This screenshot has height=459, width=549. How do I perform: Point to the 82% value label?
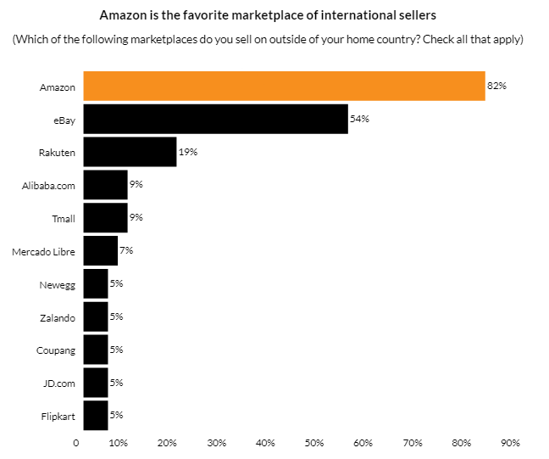point(496,86)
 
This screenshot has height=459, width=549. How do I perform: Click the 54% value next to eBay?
point(359,119)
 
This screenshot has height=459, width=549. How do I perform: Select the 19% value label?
point(187,152)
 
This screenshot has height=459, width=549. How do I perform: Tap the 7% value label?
point(126,250)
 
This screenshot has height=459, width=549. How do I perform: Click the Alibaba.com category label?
point(48,186)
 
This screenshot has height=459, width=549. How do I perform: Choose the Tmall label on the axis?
point(64,219)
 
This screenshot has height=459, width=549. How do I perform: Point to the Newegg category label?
point(58,285)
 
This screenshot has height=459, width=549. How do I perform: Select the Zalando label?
point(58,318)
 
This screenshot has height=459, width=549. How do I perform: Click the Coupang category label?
point(57,350)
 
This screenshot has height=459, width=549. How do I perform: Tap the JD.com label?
point(59,383)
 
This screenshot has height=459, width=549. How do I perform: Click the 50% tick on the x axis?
point(314,442)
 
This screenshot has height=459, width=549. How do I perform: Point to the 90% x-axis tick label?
point(510,442)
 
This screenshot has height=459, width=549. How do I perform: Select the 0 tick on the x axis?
point(76,442)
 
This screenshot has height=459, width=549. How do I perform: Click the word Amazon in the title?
point(123,15)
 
